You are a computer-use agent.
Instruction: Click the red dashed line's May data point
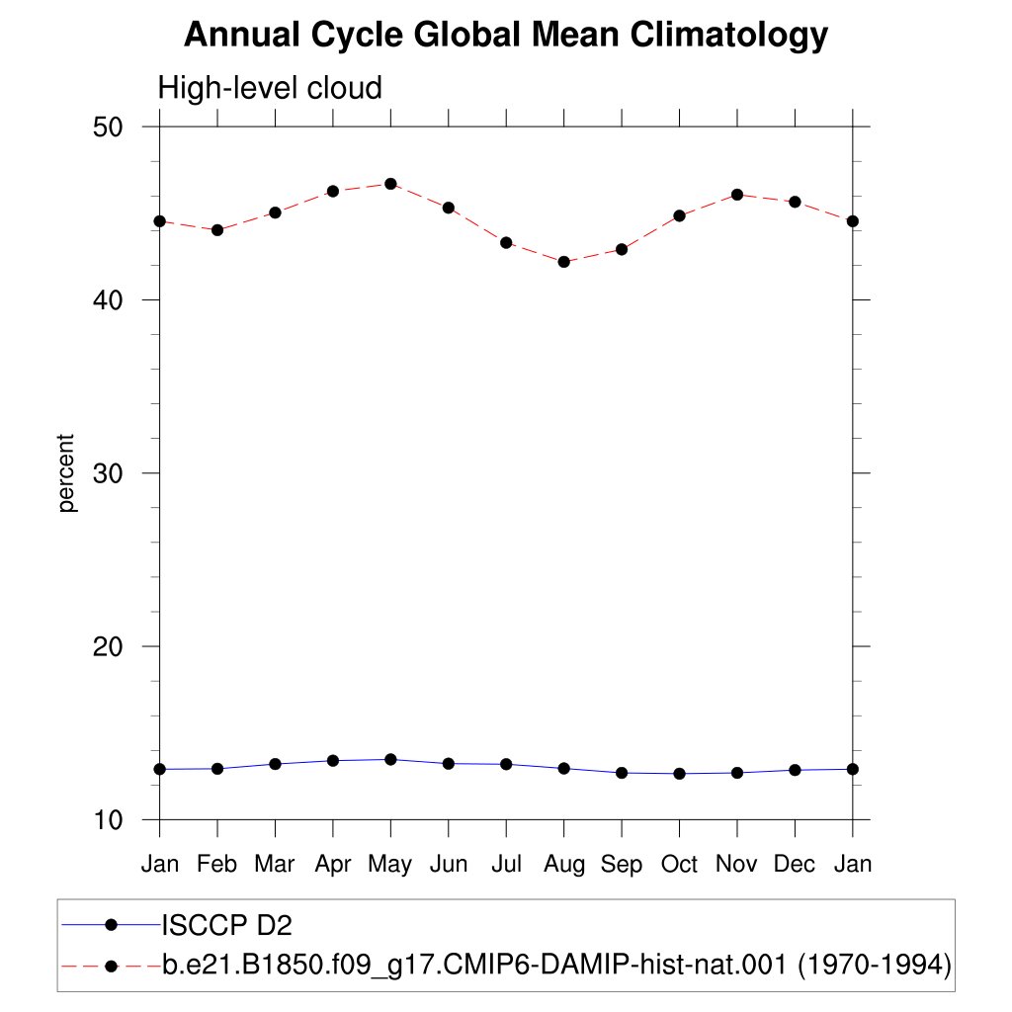(390, 184)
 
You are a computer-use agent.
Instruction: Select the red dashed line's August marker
(564, 261)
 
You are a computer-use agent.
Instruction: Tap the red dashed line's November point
(737, 195)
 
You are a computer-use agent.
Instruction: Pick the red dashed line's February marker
(217, 229)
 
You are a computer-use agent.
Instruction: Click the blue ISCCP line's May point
(390, 759)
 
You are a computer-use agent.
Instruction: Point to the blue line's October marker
(680, 773)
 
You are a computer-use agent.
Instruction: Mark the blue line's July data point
(506, 764)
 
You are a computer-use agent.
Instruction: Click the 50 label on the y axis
(108, 127)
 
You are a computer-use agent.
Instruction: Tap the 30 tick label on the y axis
(108, 473)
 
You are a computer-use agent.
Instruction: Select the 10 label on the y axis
(108, 820)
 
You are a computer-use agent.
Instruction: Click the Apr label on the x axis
(333, 864)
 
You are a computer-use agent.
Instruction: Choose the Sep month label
(622, 864)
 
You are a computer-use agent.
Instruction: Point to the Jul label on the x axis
(506, 864)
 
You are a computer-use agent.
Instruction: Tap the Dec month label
(795, 864)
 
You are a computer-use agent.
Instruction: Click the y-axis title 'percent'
(66, 473)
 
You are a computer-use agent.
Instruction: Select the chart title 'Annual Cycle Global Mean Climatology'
(506, 35)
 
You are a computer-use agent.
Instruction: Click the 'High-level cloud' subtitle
(270, 88)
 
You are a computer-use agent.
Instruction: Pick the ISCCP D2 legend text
(226, 925)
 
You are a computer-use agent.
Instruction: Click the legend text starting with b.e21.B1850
(556, 965)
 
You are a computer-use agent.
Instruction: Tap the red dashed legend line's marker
(111, 967)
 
